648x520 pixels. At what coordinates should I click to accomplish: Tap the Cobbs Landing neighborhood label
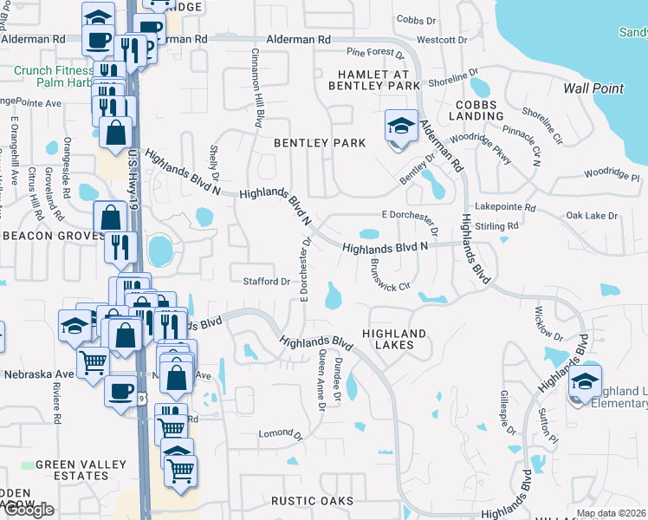[476, 110]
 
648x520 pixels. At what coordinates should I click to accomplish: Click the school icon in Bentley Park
[400, 127]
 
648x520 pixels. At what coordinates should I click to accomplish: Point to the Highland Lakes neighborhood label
[394, 339]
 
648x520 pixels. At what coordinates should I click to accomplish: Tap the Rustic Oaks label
[312, 501]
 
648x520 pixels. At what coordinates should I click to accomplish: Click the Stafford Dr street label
[267, 282]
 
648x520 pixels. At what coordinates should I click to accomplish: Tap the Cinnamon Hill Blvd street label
[258, 88]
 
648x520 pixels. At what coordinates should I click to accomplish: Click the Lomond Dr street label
[279, 432]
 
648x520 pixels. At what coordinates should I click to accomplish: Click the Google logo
[28, 509]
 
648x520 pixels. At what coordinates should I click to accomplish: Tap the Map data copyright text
[612, 513]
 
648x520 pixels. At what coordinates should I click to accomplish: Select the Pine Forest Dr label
[376, 54]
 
